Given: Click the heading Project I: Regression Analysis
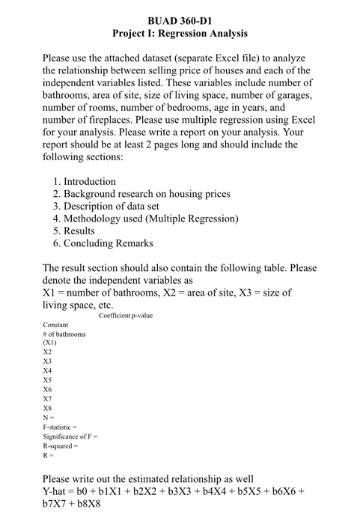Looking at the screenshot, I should click(180, 34).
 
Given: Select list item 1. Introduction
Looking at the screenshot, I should click(85, 182).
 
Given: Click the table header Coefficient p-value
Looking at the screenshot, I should click(125, 316).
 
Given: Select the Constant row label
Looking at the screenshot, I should click(56, 325).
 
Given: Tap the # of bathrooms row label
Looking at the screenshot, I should click(64, 334).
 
